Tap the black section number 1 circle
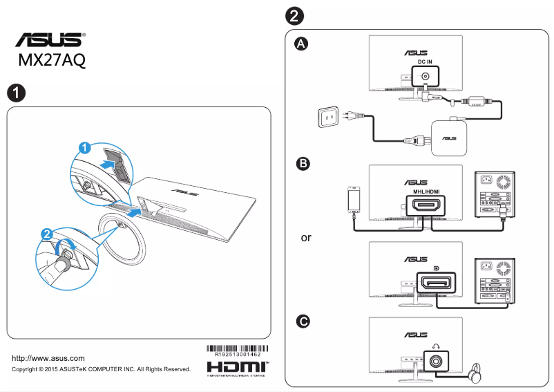click(16, 93)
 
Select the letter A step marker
click(302, 44)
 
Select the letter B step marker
click(302, 164)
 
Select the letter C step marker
click(302, 321)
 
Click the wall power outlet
click(329, 118)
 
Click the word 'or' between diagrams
click(306, 238)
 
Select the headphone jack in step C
click(436, 360)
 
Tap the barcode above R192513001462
click(238, 348)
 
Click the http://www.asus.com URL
click(48, 358)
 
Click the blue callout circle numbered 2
click(46, 235)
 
